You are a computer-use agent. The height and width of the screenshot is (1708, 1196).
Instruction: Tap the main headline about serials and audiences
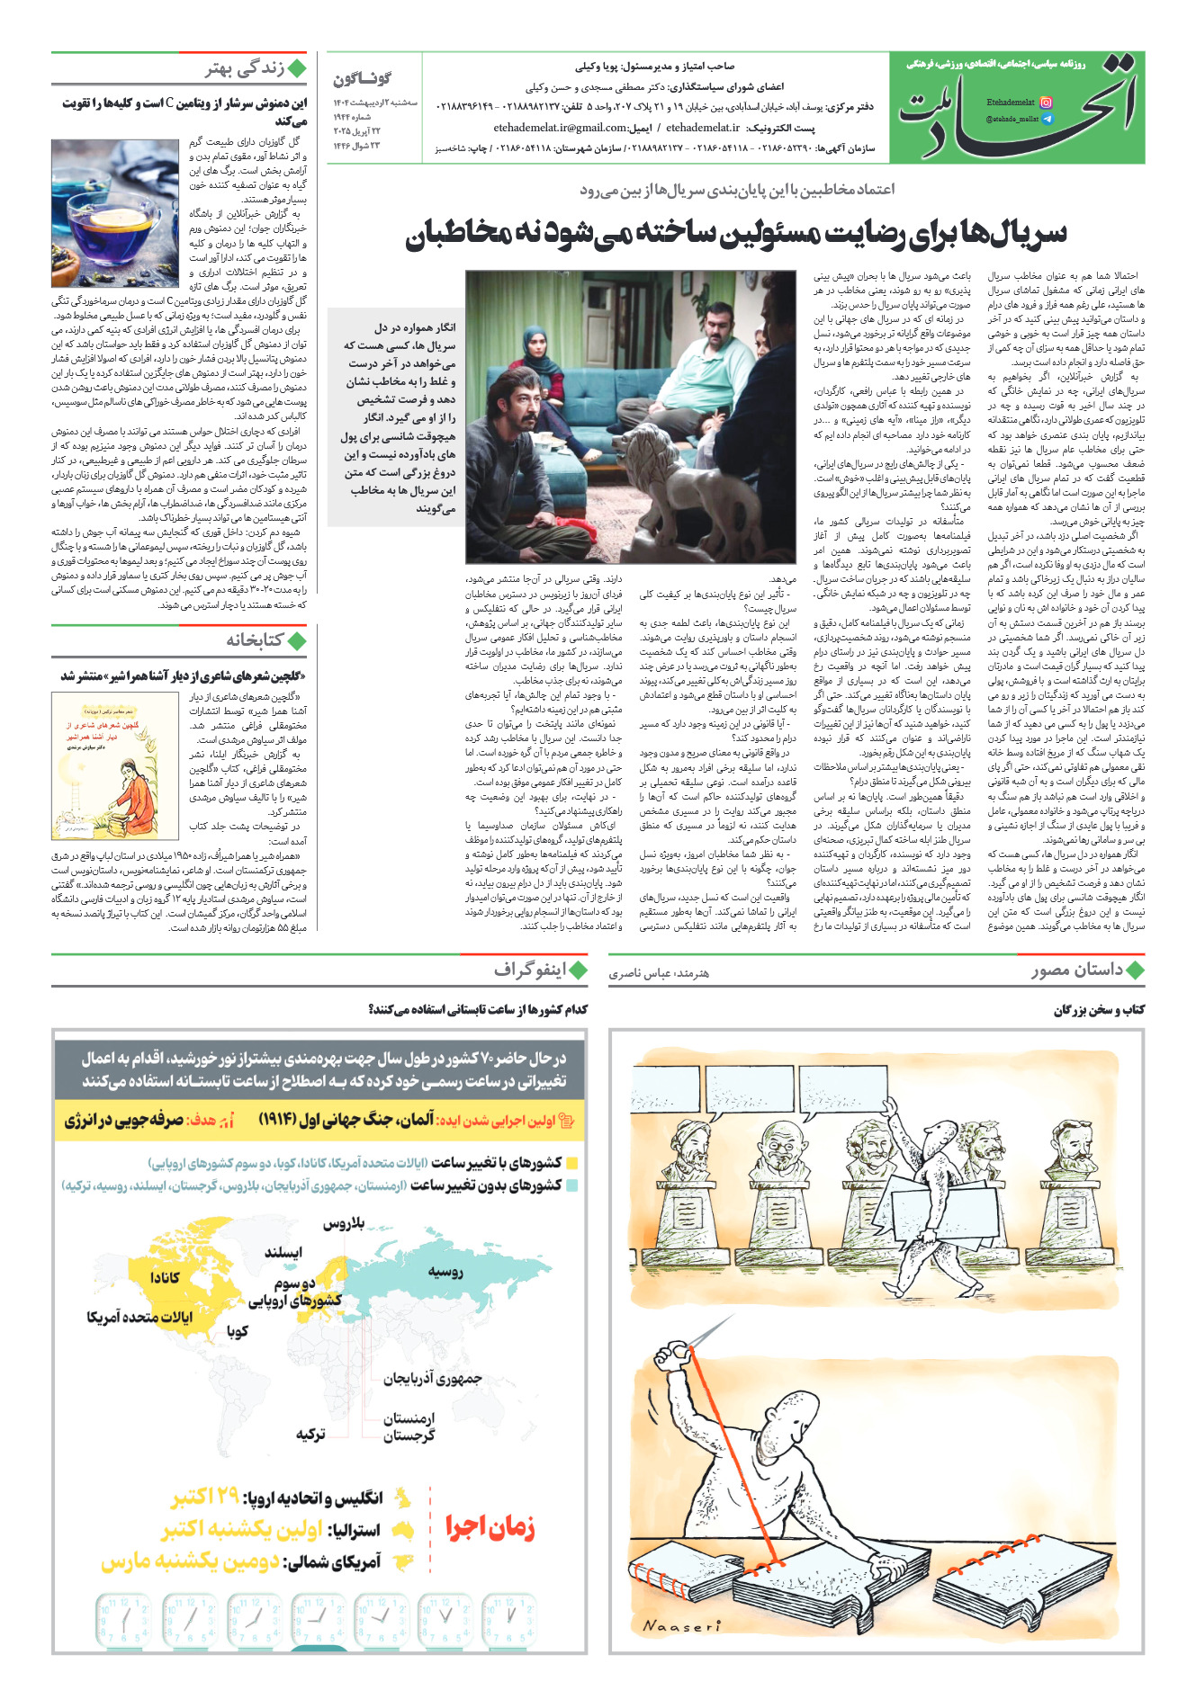point(735,233)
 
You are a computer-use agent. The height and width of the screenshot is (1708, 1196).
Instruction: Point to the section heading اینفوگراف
point(529,970)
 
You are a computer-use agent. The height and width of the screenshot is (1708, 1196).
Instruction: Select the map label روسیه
point(445,1272)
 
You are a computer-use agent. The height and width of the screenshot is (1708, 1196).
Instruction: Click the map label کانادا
point(165,1277)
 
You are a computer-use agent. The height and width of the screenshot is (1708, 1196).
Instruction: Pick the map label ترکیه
point(310,1434)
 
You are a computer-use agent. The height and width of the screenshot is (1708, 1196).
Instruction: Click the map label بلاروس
point(344,1223)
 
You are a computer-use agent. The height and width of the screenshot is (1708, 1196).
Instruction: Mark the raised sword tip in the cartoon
point(731,1319)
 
